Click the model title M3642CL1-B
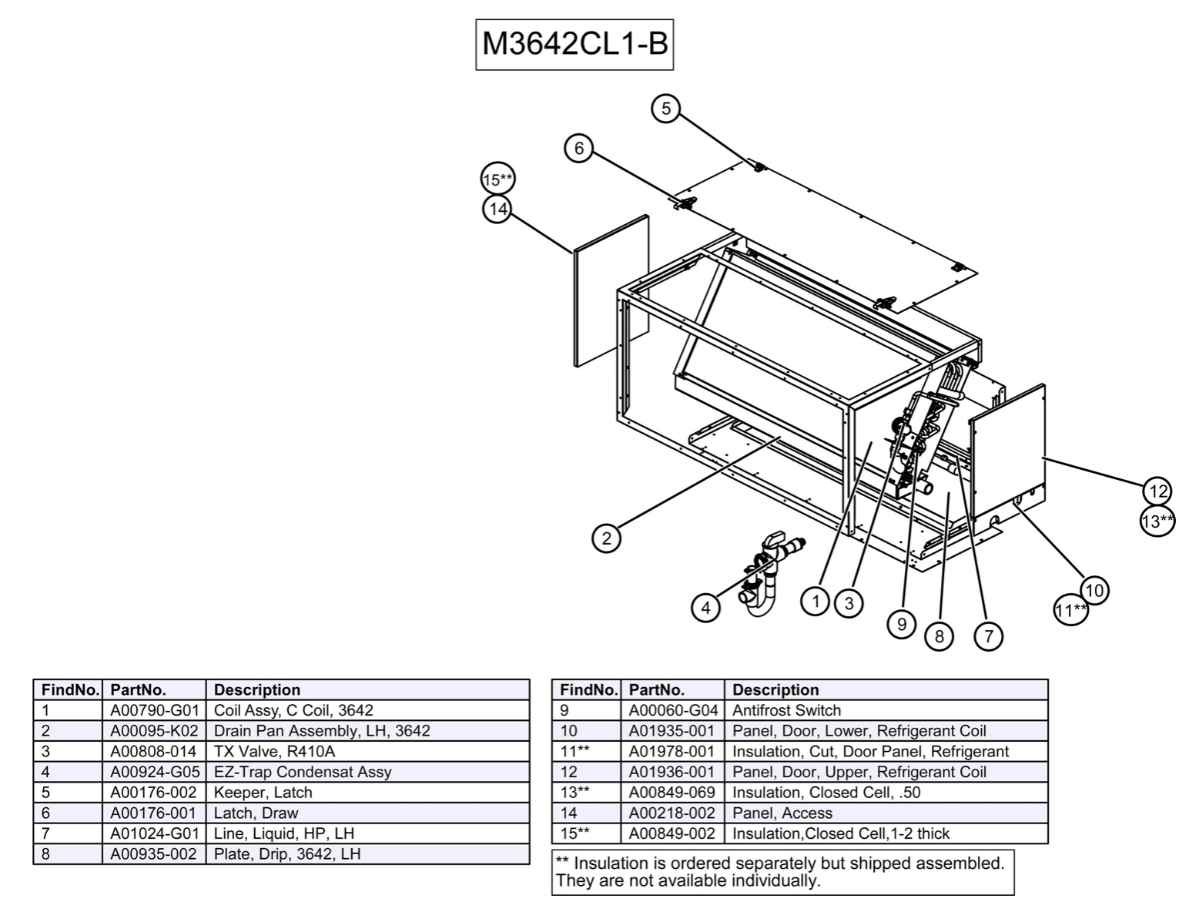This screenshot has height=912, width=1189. (574, 45)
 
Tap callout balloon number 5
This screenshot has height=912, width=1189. (665, 109)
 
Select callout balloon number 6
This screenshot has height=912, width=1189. (579, 147)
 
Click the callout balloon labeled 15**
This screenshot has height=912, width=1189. (497, 180)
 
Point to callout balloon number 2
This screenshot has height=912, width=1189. (606, 538)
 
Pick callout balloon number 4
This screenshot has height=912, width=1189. (705, 608)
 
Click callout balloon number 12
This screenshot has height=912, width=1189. (1157, 491)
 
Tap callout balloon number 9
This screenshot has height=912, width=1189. (902, 623)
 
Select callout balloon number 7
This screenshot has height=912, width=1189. (989, 635)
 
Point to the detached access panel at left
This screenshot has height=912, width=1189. (611, 291)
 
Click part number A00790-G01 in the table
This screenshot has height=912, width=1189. (154, 710)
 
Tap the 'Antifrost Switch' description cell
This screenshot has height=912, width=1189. (786, 710)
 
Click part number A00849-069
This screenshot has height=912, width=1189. (672, 792)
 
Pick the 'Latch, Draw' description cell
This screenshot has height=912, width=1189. (256, 813)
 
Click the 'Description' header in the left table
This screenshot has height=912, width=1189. (257, 689)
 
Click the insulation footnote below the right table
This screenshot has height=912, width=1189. (782, 872)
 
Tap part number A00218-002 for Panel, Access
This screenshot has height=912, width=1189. (672, 813)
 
